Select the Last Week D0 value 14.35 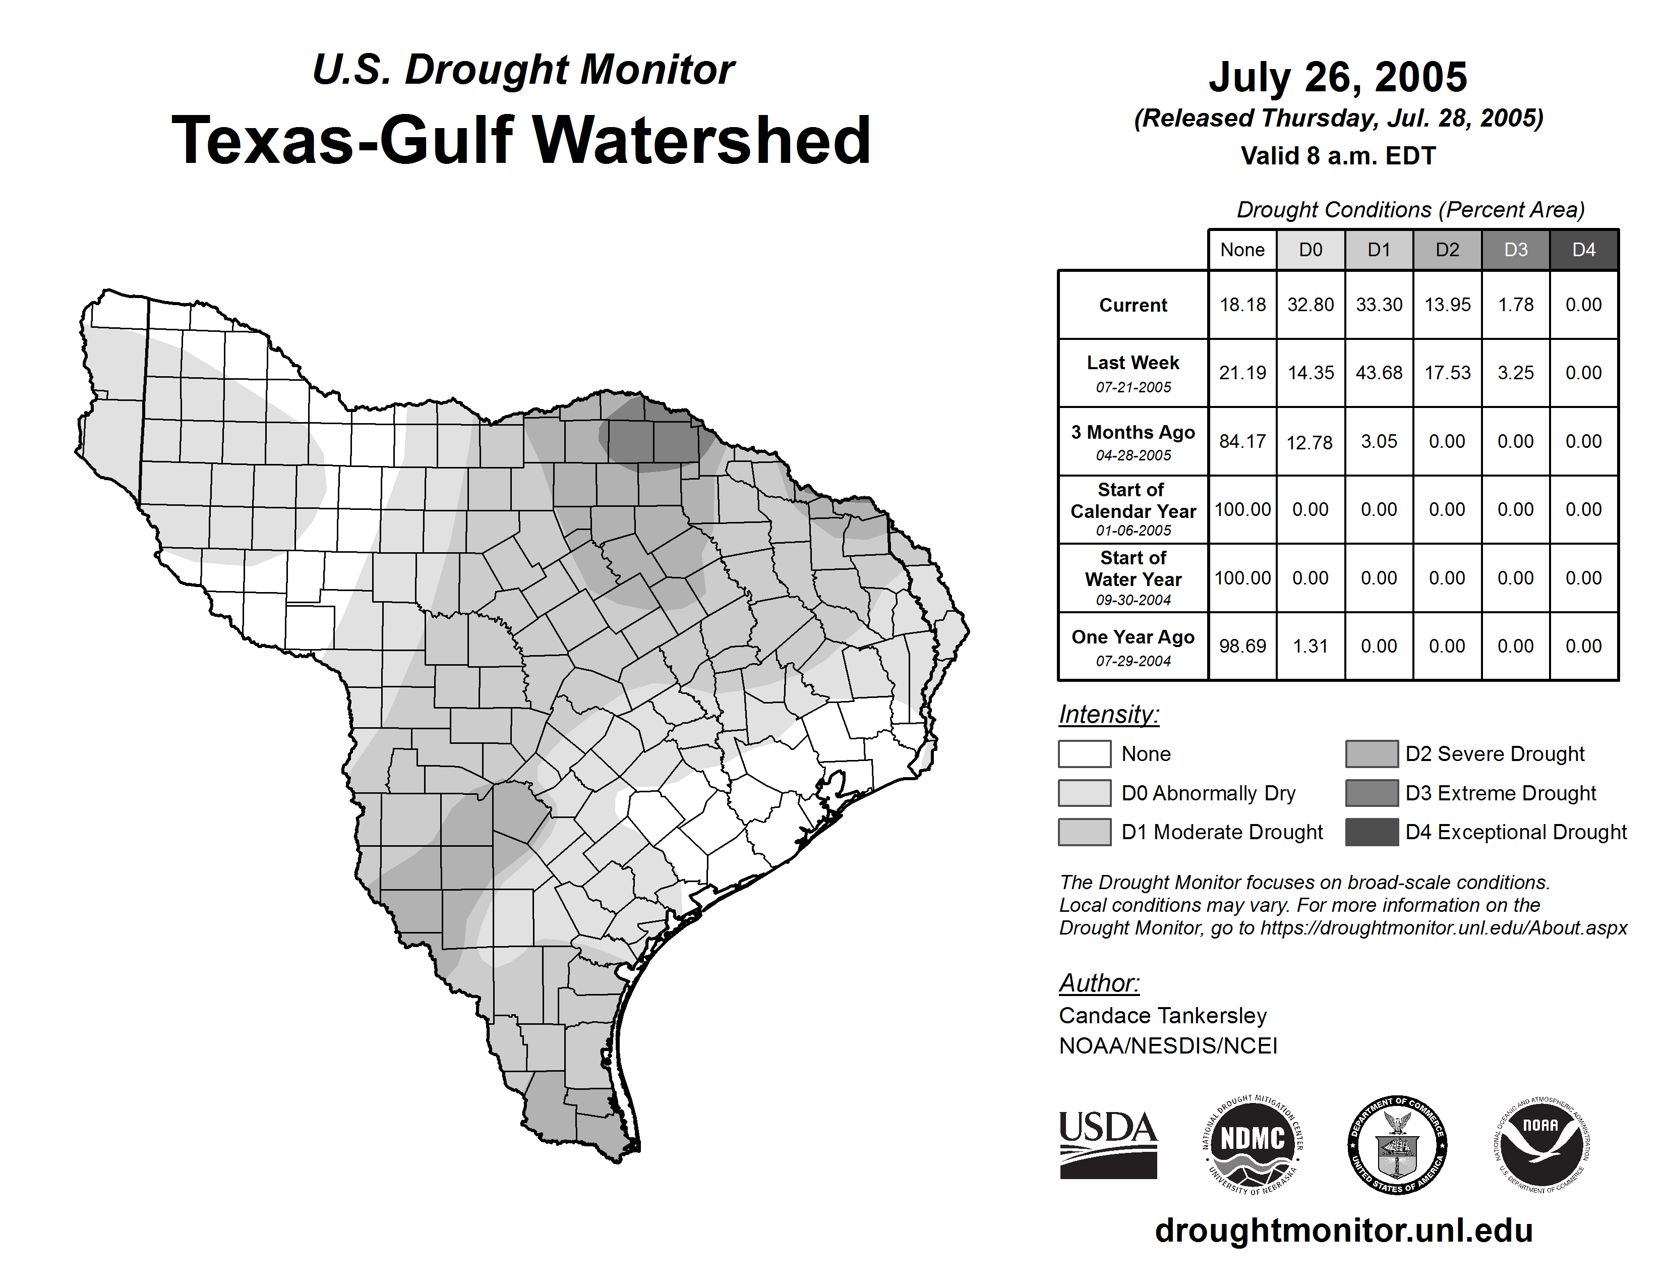click(x=1311, y=373)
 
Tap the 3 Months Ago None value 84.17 click(x=1242, y=441)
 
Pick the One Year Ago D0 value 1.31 click(x=1311, y=646)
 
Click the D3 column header click(x=1515, y=250)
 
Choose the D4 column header click(x=1583, y=250)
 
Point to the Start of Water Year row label click(x=1133, y=577)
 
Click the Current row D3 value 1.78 click(x=1515, y=305)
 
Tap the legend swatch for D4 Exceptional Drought click(x=1372, y=832)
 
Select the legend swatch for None click(x=1084, y=753)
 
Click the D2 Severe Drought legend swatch click(x=1372, y=753)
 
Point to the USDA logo click(x=1108, y=1144)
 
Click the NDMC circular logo click(x=1253, y=1144)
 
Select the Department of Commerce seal click(x=1397, y=1144)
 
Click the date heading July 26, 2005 click(x=1338, y=77)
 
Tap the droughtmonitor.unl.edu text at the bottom click(x=1344, y=1231)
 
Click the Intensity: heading click(x=1108, y=715)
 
